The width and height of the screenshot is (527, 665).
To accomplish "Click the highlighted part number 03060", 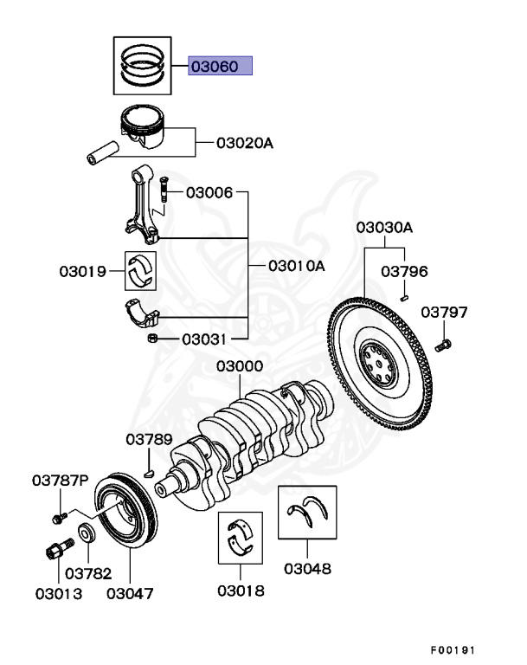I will (x=221, y=66).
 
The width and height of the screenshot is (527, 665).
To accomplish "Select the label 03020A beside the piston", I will (x=245, y=141).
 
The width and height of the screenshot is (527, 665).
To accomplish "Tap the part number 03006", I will (x=209, y=192).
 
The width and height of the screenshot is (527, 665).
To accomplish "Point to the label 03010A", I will (x=296, y=266).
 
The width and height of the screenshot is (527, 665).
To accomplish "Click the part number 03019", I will (x=82, y=272).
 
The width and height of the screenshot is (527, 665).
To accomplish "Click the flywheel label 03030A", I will (x=384, y=228).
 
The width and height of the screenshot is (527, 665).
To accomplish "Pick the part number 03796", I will (x=404, y=272).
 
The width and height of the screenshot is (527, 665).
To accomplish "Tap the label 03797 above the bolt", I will (x=444, y=312).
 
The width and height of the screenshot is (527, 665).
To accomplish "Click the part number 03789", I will (x=149, y=439).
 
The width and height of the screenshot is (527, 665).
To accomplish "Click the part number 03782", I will (x=88, y=572).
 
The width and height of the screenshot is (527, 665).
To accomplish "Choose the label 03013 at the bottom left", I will (x=59, y=594).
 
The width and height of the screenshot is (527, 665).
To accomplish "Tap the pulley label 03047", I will (x=130, y=594).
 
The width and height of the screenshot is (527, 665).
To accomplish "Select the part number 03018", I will (x=241, y=591).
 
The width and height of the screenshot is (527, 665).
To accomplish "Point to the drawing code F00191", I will (x=453, y=649).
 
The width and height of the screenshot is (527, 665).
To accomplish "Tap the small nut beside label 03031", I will (x=151, y=338).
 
